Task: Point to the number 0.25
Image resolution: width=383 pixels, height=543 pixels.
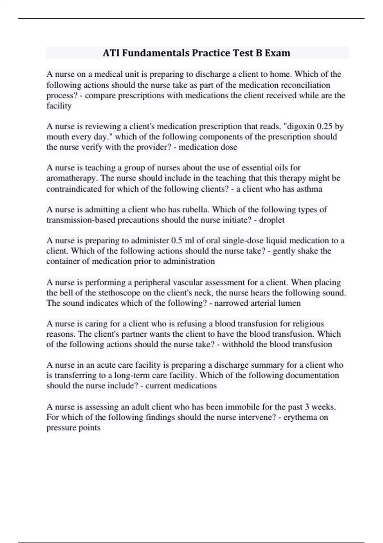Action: tap(325, 126)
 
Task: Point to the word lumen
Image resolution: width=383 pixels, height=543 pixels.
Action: tap(289, 303)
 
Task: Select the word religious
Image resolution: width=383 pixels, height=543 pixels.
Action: tap(307, 324)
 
